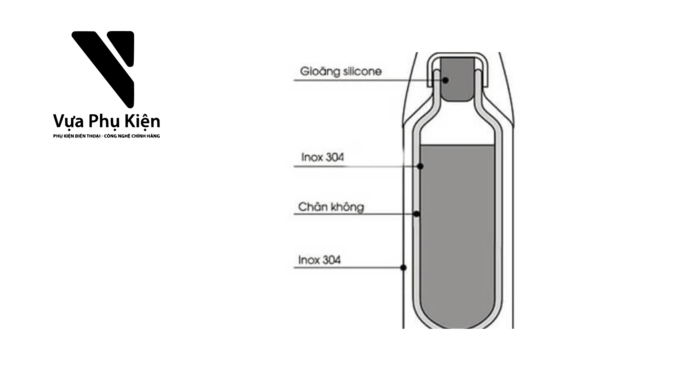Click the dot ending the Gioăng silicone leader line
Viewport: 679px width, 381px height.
click(446, 80)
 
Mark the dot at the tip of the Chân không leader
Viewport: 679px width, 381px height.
click(417, 214)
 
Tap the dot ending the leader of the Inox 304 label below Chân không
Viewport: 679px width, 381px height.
click(403, 267)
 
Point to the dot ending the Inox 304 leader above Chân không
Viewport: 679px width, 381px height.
click(420, 166)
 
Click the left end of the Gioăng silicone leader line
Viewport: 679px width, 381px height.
click(294, 80)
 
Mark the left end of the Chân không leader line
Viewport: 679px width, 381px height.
click(294, 214)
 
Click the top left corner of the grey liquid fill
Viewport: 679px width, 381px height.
click(420, 145)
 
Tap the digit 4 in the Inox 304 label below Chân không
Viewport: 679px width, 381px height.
click(337, 260)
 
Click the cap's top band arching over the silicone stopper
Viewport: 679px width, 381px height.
click(457, 55)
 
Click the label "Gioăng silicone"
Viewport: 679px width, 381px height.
click(341, 72)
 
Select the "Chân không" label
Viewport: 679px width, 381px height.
click(331, 207)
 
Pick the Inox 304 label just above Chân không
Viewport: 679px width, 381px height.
click(322, 157)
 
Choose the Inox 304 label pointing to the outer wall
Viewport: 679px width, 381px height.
click(319, 260)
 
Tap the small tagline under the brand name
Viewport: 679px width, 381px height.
click(107, 136)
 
